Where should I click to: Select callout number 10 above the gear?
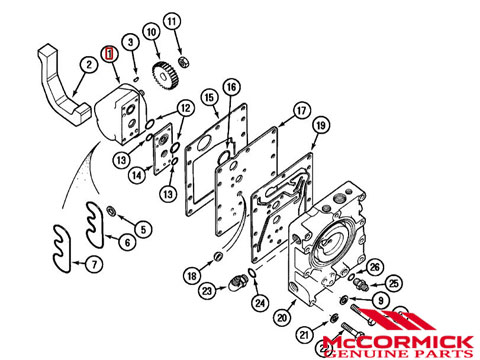(152, 33)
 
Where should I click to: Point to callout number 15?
(209, 98)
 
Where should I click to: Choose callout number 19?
(320, 125)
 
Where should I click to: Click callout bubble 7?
(93, 265)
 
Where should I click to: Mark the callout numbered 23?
(207, 291)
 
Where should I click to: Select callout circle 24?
(260, 302)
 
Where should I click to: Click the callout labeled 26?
(375, 267)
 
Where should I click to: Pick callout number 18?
(192, 275)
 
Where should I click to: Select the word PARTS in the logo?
(440, 347)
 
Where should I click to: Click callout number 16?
(232, 88)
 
